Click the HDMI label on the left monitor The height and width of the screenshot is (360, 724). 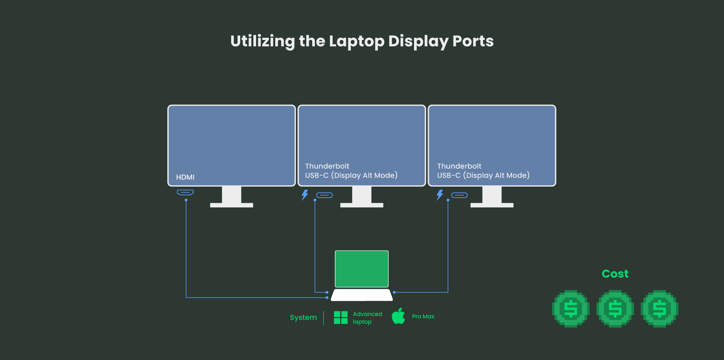185,177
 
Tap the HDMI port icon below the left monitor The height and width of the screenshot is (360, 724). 185,193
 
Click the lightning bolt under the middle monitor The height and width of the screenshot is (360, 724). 305,195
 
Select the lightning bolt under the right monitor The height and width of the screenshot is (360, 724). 440,195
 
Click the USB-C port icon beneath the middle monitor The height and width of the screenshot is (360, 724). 324,195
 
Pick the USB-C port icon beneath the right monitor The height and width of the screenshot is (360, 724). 459,195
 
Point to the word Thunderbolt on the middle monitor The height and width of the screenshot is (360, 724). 327,166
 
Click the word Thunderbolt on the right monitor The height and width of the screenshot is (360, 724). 459,166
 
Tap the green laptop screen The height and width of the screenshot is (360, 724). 362,269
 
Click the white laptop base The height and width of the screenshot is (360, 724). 362,295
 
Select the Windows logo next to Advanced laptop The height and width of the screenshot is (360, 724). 341,317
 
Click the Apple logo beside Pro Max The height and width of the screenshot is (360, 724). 398,316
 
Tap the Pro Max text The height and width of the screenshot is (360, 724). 423,317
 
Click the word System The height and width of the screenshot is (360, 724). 303,317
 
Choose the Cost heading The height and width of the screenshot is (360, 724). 615,274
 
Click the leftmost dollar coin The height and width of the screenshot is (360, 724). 571,309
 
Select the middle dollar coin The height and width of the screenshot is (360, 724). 615,309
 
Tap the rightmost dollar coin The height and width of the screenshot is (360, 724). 660,309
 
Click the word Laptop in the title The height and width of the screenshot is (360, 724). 356,41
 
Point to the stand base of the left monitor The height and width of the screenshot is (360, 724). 232,205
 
